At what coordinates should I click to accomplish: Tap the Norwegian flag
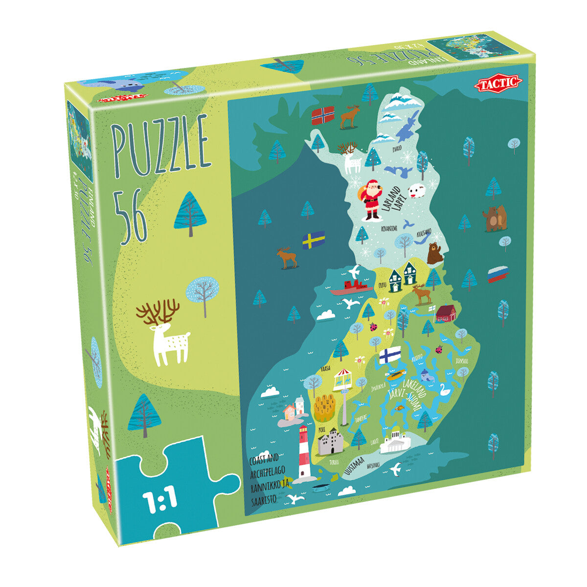pyautogui.click(x=323, y=115)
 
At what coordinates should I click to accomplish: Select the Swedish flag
pyautogui.click(x=314, y=240)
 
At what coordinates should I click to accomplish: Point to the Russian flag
pyautogui.click(x=497, y=274)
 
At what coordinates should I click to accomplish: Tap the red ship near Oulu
pyautogui.click(x=348, y=288)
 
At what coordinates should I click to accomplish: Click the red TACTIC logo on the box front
pyautogui.click(x=498, y=83)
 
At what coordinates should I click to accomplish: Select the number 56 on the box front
pyautogui.click(x=131, y=214)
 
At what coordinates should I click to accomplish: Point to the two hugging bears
pyautogui.click(x=494, y=218)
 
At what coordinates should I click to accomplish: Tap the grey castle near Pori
pyautogui.click(x=330, y=441)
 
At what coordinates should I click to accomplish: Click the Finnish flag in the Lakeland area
pyautogui.click(x=390, y=355)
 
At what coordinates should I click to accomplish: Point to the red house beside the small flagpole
pyautogui.click(x=446, y=314)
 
